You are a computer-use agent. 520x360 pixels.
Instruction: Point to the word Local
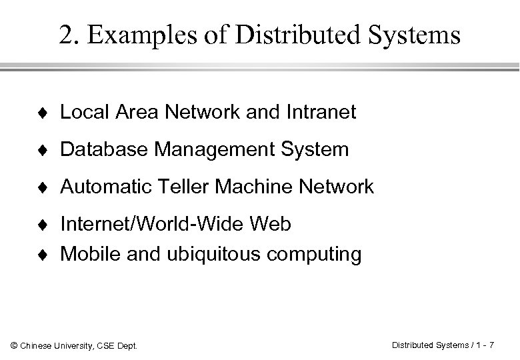coord(79,113)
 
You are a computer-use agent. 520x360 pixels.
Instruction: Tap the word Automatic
coord(99,187)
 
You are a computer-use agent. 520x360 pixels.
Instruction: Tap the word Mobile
coord(83,254)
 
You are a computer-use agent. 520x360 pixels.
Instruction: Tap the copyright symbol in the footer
coord(13,345)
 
